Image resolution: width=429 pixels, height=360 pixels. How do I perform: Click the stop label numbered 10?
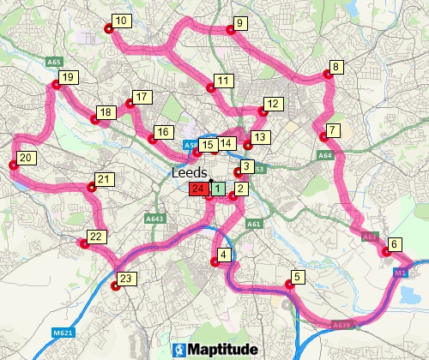click(x=121, y=21)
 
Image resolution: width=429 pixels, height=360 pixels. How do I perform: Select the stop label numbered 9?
click(x=239, y=23)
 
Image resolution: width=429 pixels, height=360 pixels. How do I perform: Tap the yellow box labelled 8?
click(x=336, y=67)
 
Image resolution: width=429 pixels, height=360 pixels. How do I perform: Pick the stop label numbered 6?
click(x=394, y=244)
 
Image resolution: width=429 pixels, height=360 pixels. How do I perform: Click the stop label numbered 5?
click(x=298, y=277)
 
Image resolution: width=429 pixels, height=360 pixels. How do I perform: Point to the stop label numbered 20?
click(x=26, y=158)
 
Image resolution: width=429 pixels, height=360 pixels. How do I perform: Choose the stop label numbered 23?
click(x=126, y=279)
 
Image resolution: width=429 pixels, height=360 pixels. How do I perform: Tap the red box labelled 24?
click(x=198, y=189)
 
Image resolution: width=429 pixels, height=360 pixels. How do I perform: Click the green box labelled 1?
click(x=218, y=189)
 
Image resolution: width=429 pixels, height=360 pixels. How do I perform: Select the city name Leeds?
click(x=190, y=172)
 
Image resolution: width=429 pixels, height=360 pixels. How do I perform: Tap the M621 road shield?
click(x=59, y=333)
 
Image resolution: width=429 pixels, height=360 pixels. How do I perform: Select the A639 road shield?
click(x=341, y=325)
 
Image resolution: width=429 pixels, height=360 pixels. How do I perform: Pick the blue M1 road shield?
click(x=401, y=272)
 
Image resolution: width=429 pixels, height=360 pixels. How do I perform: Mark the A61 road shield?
click(x=253, y=224)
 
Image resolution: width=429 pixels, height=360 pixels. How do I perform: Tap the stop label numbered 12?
click(x=273, y=105)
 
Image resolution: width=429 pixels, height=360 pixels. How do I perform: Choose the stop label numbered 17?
click(x=141, y=97)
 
